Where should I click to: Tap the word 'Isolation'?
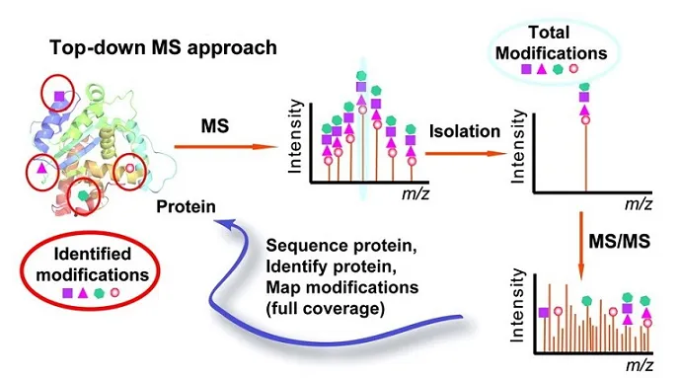coord(464,131)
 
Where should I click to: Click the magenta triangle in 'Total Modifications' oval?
coord(543,69)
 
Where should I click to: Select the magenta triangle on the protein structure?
coord(40,169)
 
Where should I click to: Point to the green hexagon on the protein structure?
coord(84,196)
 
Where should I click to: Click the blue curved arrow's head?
coord(225,228)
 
